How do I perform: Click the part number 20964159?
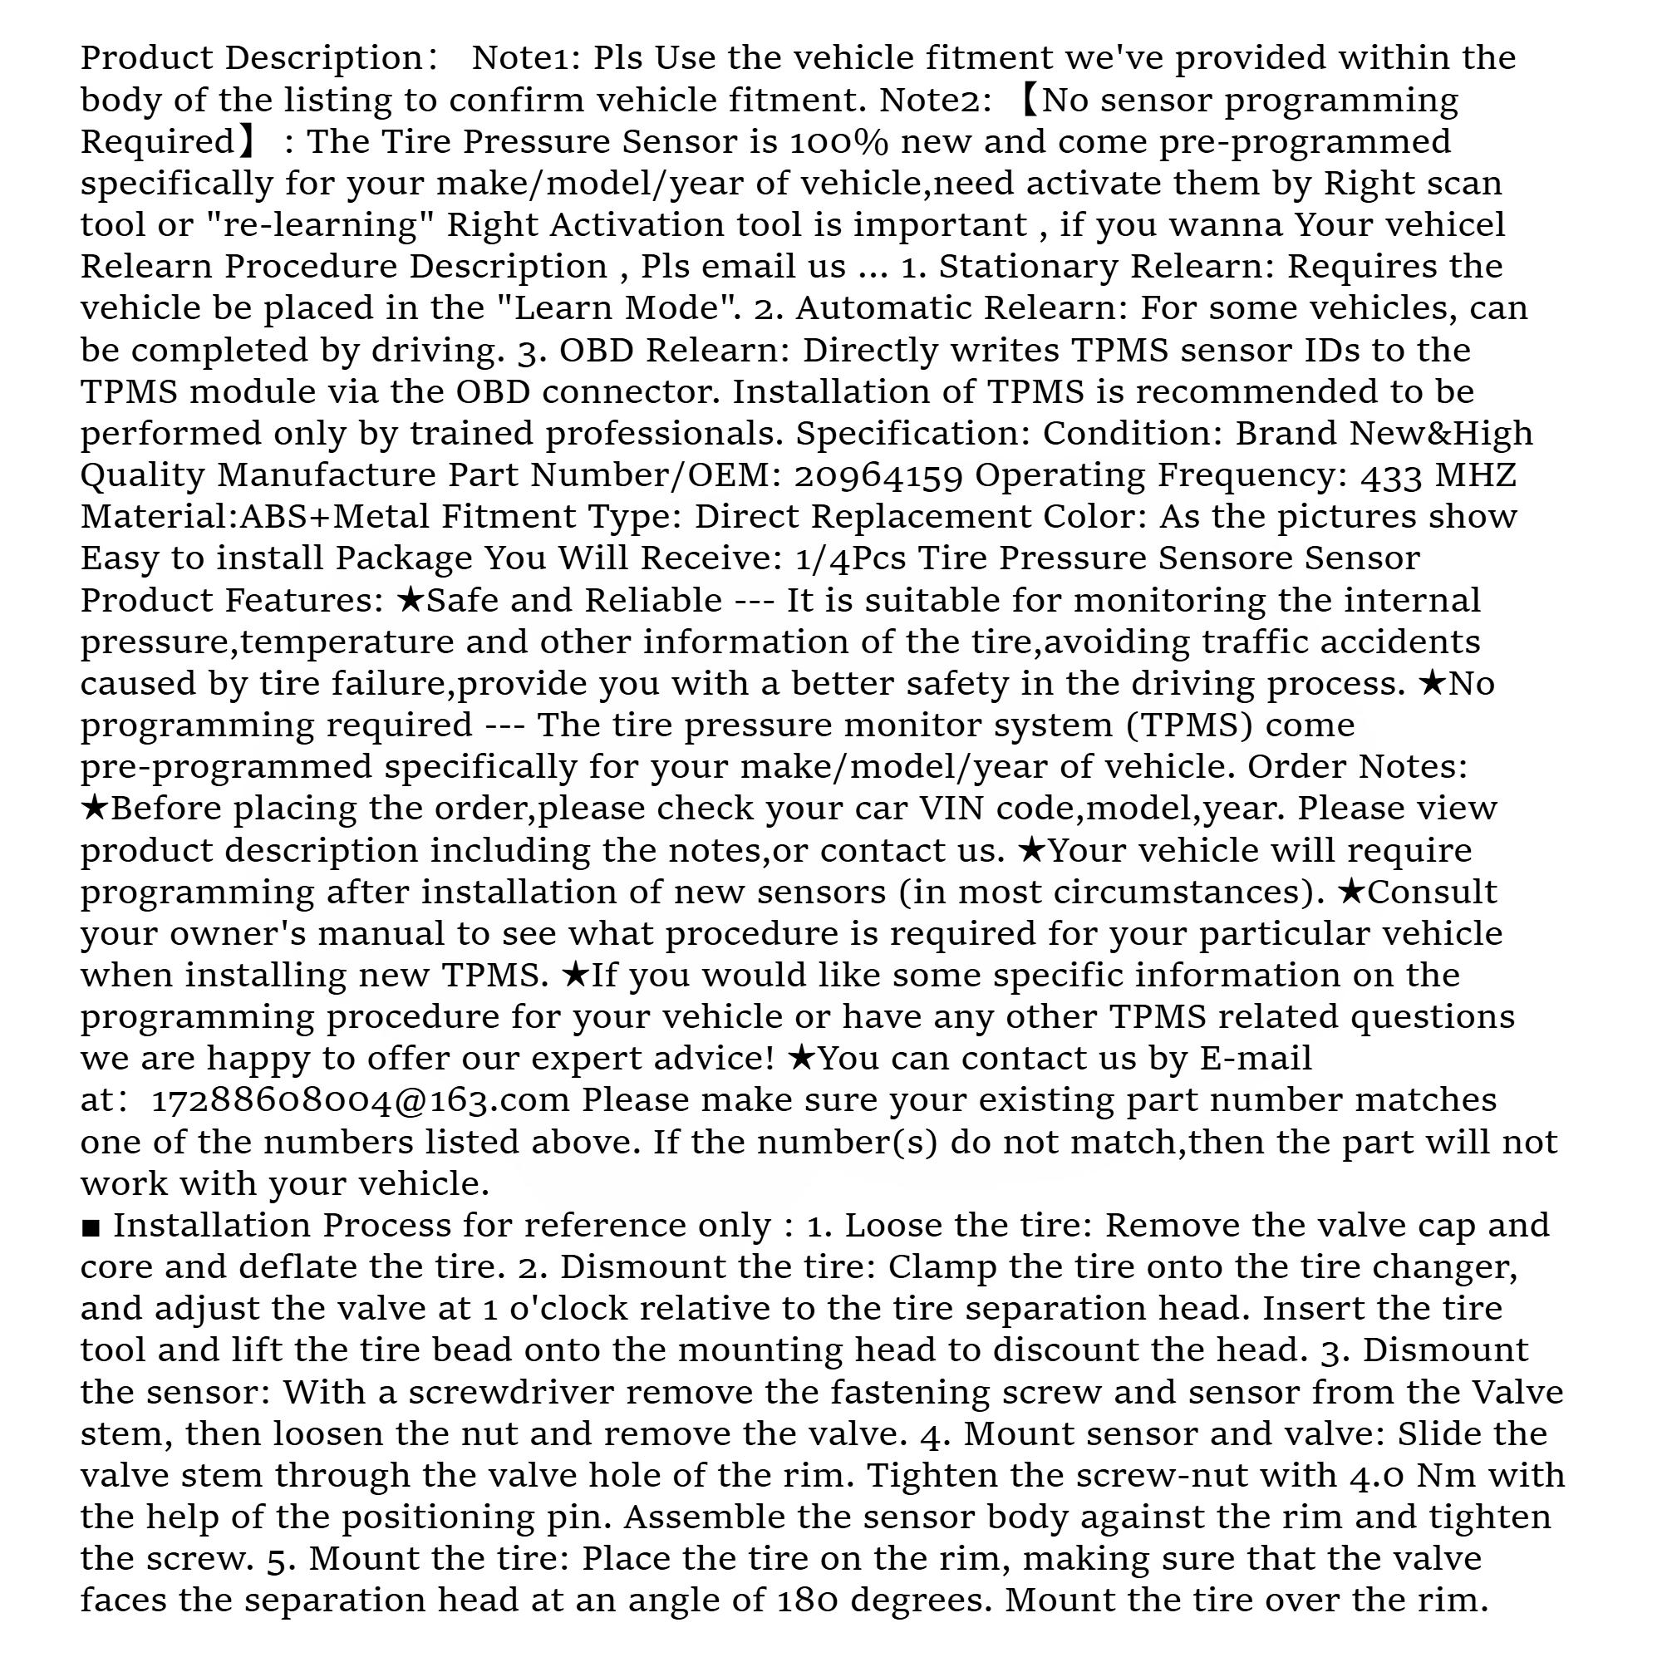click(x=878, y=475)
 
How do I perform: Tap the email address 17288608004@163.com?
click(x=361, y=1101)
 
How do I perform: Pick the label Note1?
click(x=528, y=58)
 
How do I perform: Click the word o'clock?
click(x=559, y=1310)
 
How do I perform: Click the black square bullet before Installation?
click(x=91, y=1227)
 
